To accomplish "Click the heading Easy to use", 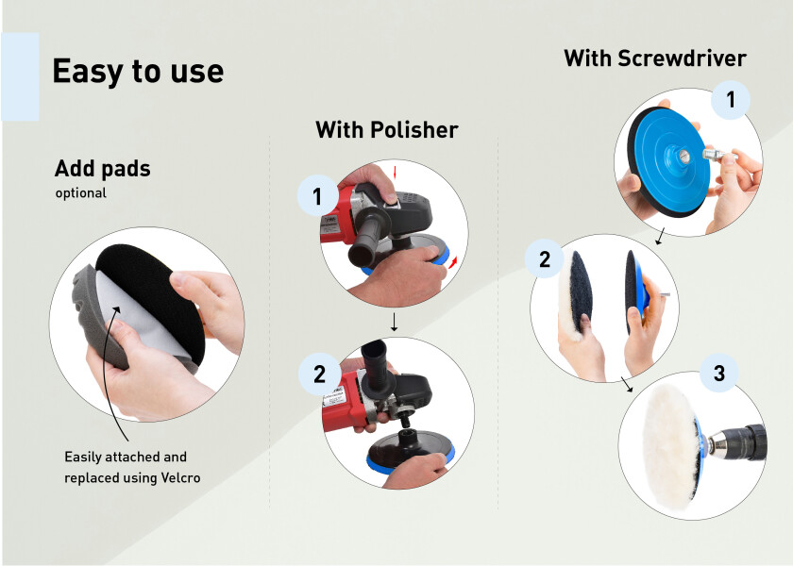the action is tap(138, 72).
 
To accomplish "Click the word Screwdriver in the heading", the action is tap(682, 58).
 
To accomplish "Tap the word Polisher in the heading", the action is tap(414, 130).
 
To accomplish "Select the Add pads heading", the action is tap(103, 168).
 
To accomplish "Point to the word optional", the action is tap(81, 193).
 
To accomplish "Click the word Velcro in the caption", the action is tap(180, 477).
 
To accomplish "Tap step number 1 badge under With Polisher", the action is tap(317, 196).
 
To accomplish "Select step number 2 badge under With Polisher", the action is tap(319, 374).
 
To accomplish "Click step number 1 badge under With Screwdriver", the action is tap(731, 100).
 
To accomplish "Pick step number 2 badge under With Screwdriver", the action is tap(544, 259).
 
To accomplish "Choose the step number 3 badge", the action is tap(719, 373).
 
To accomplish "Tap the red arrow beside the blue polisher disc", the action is tap(453, 262).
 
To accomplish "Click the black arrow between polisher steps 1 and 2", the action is tap(394, 322).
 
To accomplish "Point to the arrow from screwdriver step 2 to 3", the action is tap(627, 384).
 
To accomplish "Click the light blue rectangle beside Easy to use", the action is tap(20, 76).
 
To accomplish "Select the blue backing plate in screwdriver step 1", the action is tap(668, 158).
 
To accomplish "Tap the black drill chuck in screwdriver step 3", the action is tap(745, 442).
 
